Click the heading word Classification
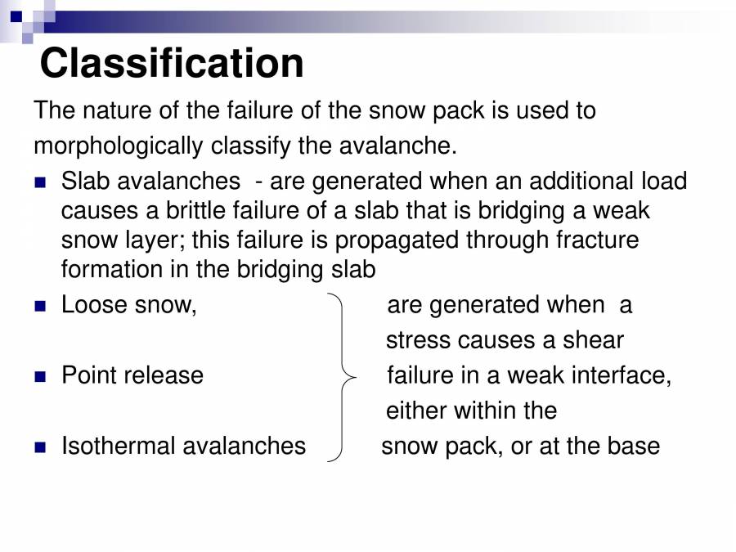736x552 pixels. click(172, 63)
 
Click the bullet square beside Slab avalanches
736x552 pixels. click(41, 182)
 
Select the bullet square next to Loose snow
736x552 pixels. click(41, 307)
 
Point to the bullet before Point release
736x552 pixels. click(41, 377)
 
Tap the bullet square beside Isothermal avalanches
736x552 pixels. click(41, 447)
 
